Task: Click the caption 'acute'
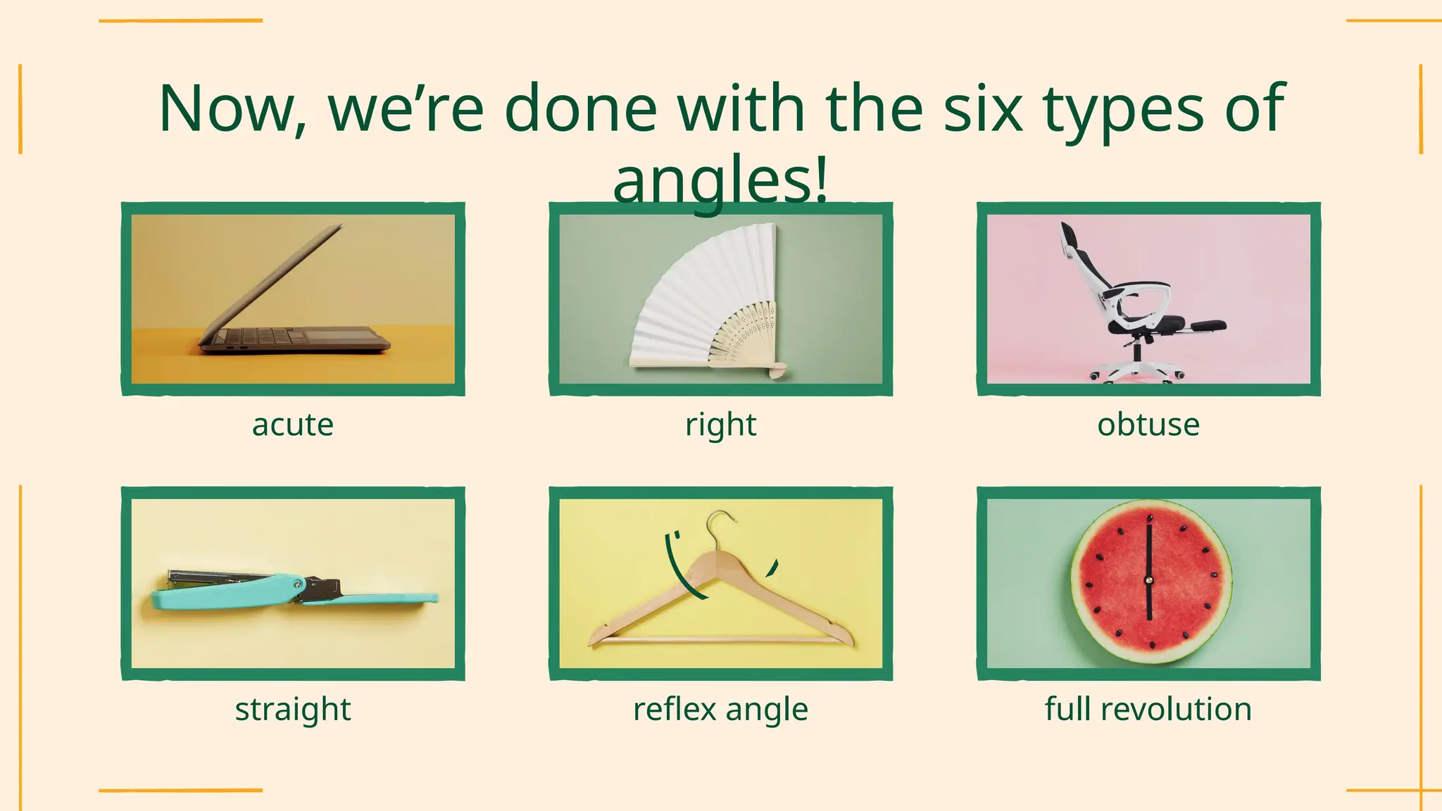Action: tap(293, 425)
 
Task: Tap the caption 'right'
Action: tap(720, 425)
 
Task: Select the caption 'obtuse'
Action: tap(1148, 425)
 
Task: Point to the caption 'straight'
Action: tap(293, 710)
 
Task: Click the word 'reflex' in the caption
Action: tap(675, 710)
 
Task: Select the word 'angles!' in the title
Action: tap(720, 181)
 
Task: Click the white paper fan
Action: tap(697, 296)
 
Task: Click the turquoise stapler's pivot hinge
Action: tap(300, 584)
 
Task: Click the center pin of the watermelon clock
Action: tap(1149, 581)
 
